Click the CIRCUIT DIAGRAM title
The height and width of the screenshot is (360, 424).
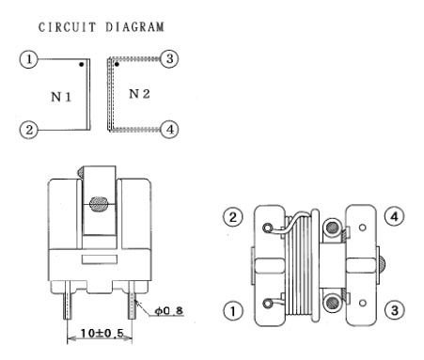[102, 27]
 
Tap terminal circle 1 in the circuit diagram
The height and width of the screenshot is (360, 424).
[28, 59]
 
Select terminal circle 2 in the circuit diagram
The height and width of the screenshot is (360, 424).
[28, 130]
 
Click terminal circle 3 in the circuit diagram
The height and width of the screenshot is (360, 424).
[169, 58]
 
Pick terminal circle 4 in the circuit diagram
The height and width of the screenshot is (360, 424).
[169, 129]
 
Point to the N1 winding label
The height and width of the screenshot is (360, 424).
[61, 97]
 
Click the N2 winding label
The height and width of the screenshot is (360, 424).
[139, 94]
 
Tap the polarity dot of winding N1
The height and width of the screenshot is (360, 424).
[82, 64]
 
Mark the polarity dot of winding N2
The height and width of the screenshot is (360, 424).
[117, 64]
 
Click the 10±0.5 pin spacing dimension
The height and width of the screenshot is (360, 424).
[102, 333]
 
